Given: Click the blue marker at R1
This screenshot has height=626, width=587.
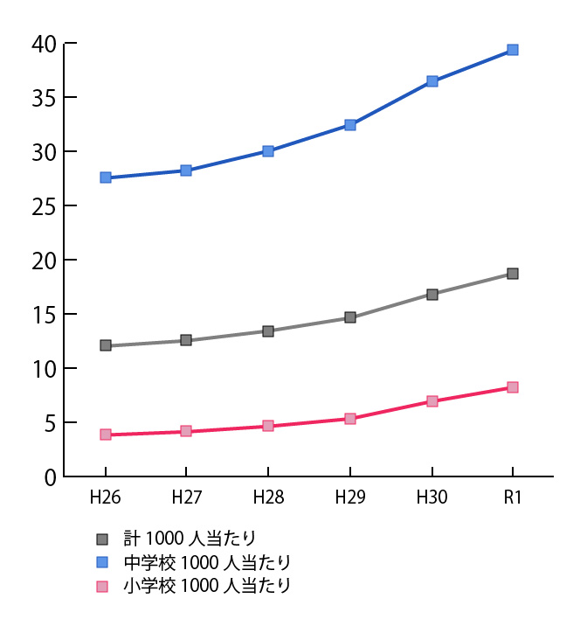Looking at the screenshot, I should pos(513,50).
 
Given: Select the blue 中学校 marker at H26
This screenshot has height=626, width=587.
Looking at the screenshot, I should pos(106,177).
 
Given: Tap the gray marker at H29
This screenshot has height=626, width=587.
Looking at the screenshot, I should pos(350,317).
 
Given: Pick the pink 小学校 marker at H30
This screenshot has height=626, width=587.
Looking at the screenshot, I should pos(432,401).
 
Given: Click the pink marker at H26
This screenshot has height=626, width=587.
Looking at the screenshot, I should pos(106,435).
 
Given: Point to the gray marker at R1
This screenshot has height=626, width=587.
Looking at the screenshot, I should pos(513,274).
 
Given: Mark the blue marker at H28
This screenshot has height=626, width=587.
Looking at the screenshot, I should pos(268,151).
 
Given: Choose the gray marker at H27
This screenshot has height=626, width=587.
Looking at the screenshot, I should pos(186,340).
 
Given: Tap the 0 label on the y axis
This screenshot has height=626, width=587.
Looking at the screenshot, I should pos(51,477).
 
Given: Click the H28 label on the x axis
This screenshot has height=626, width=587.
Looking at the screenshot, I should pos(268,497).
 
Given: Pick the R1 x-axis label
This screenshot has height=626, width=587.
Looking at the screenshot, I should pos(513,497).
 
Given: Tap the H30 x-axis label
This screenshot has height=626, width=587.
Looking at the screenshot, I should pos(432,497).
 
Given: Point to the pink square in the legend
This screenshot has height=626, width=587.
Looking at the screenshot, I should pos(102,586).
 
